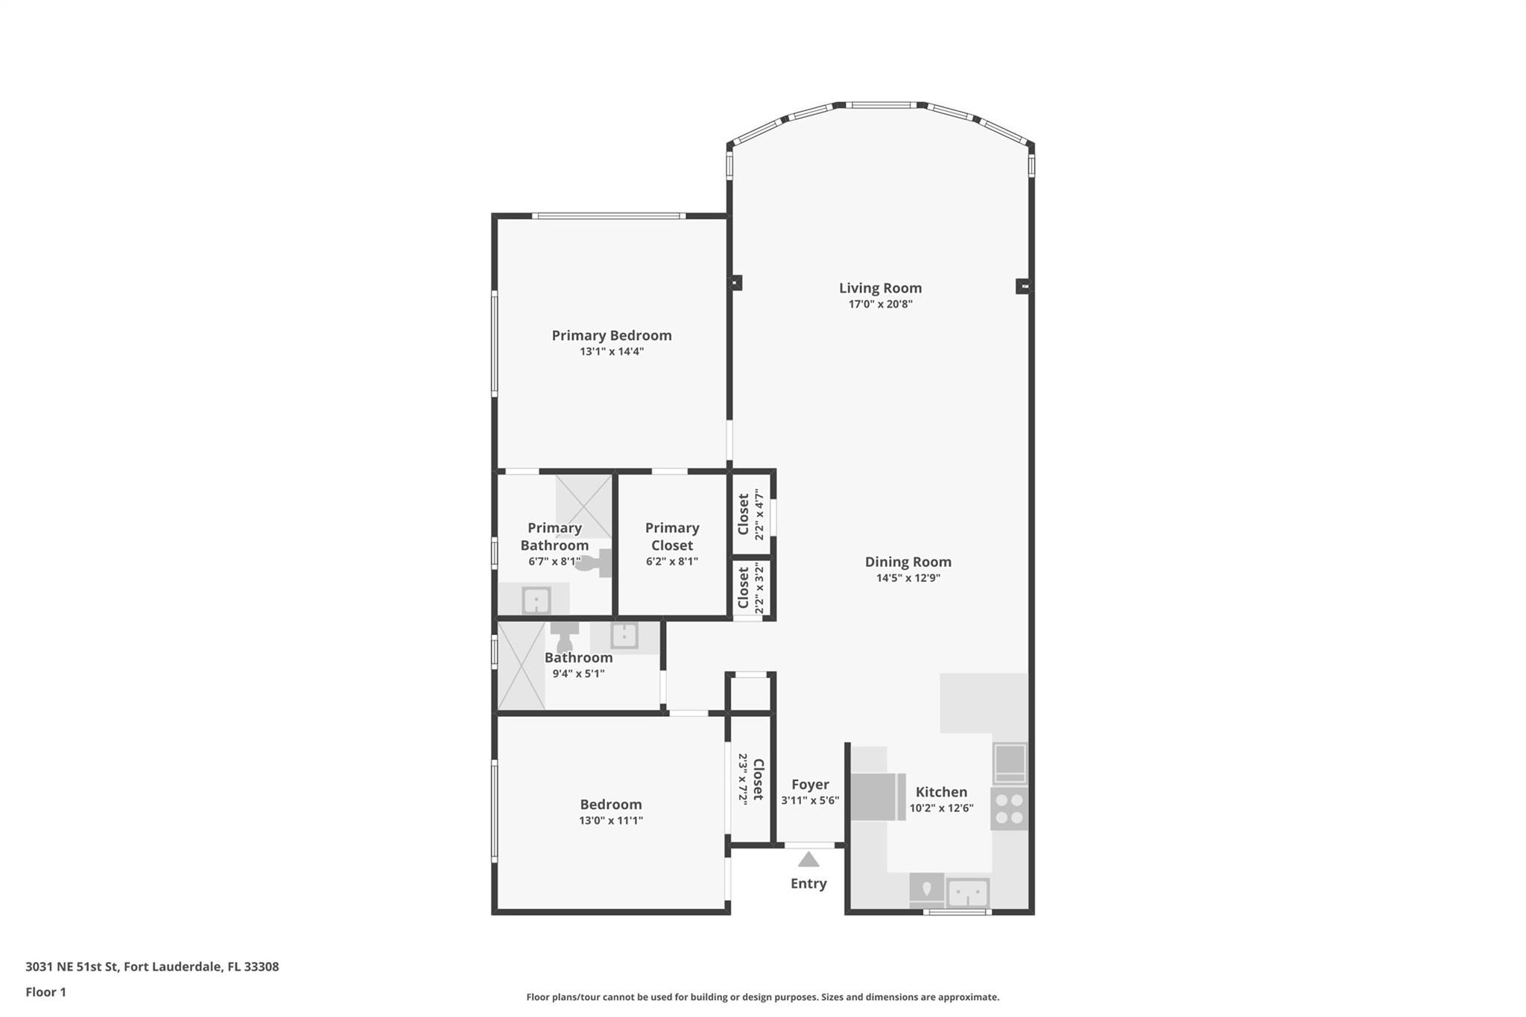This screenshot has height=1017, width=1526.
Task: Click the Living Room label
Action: click(880, 288)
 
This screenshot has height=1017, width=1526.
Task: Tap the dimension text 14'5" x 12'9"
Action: click(908, 578)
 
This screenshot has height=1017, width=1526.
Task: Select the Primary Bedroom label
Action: click(611, 335)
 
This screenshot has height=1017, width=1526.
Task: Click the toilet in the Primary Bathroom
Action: click(595, 563)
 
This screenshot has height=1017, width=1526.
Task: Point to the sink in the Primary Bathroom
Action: click(536, 600)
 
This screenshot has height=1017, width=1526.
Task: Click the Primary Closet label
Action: click(671, 536)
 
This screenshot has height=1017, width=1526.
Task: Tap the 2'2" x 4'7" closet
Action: click(750, 514)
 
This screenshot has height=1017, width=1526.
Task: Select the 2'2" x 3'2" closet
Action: click(750, 588)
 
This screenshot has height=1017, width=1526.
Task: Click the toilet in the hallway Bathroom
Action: click(564, 636)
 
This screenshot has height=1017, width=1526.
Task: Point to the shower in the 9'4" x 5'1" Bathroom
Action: click(521, 666)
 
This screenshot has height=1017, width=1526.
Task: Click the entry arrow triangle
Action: click(808, 860)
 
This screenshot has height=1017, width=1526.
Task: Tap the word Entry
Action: click(808, 884)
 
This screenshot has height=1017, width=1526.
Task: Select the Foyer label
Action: click(810, 785)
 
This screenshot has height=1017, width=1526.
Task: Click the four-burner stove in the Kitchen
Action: click(1009, 808)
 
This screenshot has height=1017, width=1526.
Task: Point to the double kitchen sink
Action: click(967, 892)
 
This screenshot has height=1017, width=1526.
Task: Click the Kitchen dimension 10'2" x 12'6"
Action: click(941, 808)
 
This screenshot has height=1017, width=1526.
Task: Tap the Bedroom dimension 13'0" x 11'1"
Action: click(610, 821)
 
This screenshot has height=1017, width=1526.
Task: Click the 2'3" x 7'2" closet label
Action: click(750, 779)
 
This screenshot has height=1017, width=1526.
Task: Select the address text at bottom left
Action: click(152, 967)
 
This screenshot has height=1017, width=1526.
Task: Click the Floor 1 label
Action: click(46, 992)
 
